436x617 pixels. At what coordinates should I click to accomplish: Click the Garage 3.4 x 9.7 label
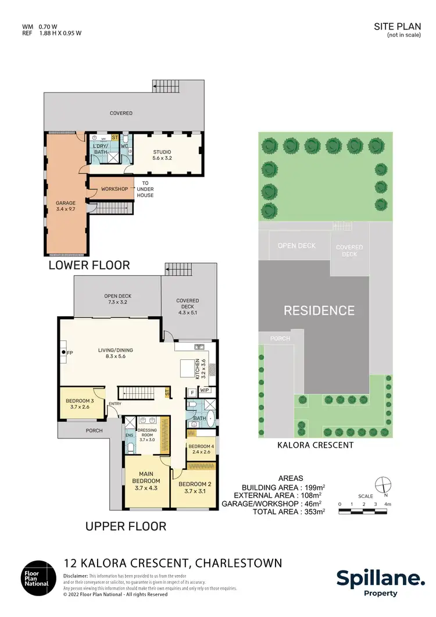[x=66, y=206]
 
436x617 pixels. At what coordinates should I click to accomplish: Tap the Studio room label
[x=162, y=155]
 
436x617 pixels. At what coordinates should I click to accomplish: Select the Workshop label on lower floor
[x=114, y=189]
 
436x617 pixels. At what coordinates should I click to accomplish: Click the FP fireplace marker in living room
[x=68, y=353]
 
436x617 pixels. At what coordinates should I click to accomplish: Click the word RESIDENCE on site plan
[x=319, y=311]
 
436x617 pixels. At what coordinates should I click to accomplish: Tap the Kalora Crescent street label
[x=316, y=445]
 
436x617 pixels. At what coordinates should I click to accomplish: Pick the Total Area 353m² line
[x=288, y=512]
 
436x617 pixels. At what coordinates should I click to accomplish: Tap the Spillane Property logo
[x=381, y=582]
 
